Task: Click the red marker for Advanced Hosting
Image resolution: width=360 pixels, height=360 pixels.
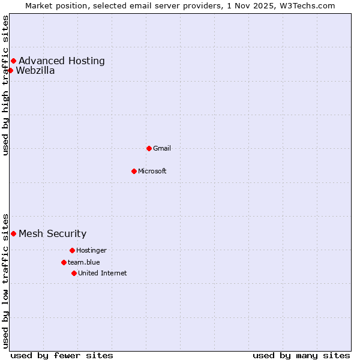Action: click(13, 61)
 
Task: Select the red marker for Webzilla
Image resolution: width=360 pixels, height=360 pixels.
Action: click(10, 70)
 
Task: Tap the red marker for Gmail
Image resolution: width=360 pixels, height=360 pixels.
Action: click(149, 148)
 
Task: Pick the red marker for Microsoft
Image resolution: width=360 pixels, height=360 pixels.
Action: click(134, 171)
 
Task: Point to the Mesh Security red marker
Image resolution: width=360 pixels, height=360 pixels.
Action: click(13, 233)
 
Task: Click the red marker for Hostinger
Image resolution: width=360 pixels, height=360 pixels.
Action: click(72, 250)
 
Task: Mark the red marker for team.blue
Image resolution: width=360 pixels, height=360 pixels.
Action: click(64, 262)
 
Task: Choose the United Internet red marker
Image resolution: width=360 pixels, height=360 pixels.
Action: click(74, 273)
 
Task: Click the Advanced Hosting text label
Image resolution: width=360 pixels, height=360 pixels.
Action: click(62, 61)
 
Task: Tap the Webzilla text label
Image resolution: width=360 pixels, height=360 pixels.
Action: click(35, 70)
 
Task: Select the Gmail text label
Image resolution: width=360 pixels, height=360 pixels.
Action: click(162, 148)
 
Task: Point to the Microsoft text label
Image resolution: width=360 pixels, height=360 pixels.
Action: click(152, 171)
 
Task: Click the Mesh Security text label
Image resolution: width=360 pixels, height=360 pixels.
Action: click(53, 233)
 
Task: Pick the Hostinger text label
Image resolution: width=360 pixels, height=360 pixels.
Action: click(91, 250)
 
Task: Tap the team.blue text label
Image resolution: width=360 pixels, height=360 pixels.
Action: click(84, 262)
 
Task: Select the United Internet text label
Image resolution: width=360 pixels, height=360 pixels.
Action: click(103, 273)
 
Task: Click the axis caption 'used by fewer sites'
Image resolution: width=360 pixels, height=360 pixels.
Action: click(62, 355)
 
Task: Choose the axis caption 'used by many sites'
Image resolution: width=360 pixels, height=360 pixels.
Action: click(301, 355)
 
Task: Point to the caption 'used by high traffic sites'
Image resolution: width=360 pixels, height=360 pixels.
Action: click(5, 85)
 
